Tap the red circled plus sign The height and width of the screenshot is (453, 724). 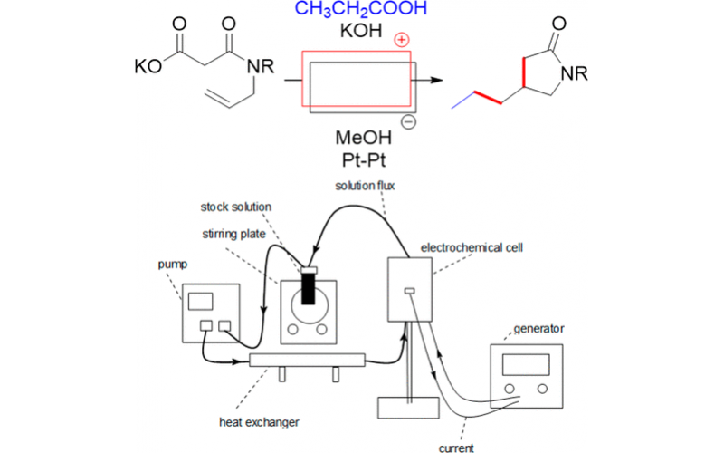click(x=401, y=41)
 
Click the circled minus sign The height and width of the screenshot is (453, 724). click(x=408, y=122)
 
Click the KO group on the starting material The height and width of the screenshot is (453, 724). click(x=148, y=67)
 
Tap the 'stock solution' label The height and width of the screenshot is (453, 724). click(x=235, y=207)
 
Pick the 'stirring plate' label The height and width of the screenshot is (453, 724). click(x=233, y=233)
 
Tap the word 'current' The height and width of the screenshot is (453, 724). click(x=456, y=447)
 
